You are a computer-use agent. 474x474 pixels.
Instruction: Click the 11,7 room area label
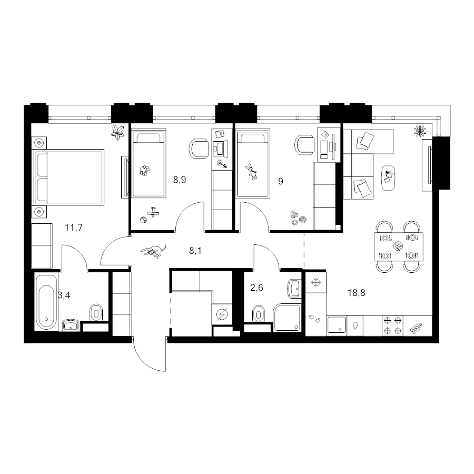pyautogui.click(x=74, y=228)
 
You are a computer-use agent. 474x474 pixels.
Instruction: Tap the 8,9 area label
pyautogui.click(x=179, y=180)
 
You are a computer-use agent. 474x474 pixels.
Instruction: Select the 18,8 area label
pyautogui.click(x=357, y=293)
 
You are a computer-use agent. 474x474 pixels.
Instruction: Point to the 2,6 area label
pyautogui.click(x=256, y=288)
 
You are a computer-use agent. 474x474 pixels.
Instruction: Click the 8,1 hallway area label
pyautogui.click(x=195, y=251)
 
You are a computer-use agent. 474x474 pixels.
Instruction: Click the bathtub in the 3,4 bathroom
pyautogui.click(x=46, y=302)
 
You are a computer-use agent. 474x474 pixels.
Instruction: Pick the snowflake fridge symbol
pyautogui.click(x=315, y=283)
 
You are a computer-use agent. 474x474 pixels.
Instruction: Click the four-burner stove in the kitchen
pyautogui.click(x=393, y=325)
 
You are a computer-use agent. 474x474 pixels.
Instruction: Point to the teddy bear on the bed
pyautogui.click(x=144, y=171)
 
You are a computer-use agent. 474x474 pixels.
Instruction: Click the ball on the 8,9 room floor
pyautogui.click(x=143, y=220)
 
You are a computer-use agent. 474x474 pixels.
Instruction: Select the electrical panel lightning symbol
pyautogui.click(x=222, y=315)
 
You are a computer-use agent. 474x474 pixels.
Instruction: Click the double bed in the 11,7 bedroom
pyautogui.click(x=69, y=177)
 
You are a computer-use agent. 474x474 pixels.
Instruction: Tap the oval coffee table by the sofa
pyautogui.click(x=388, y=178)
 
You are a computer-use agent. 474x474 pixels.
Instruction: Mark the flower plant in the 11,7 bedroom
pyautogui.click(x=117, y=132)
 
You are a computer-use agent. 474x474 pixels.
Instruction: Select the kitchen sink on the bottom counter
pyautogui.click(x=337, y=324)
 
